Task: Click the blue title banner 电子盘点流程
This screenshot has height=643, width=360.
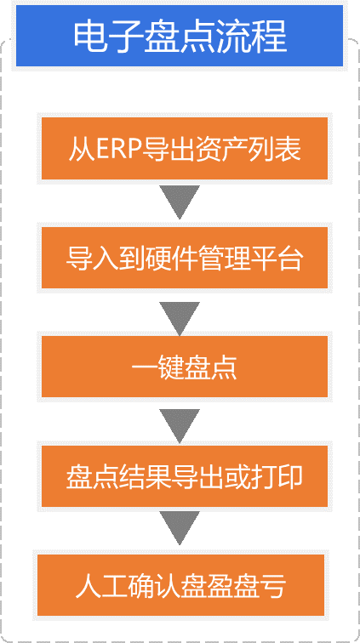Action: pos(180,36)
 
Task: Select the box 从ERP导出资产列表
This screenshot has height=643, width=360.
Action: pos(185,148)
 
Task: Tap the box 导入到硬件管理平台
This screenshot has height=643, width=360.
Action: pos(185,258)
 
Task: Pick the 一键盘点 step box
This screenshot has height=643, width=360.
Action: pos(185,367)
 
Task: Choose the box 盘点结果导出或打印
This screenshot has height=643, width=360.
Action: pos(185,475)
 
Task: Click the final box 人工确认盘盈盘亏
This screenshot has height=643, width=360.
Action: pos(180,585)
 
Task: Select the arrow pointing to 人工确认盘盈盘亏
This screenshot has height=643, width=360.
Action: pos(180,528)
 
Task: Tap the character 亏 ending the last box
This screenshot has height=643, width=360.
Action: pos(272,585)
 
